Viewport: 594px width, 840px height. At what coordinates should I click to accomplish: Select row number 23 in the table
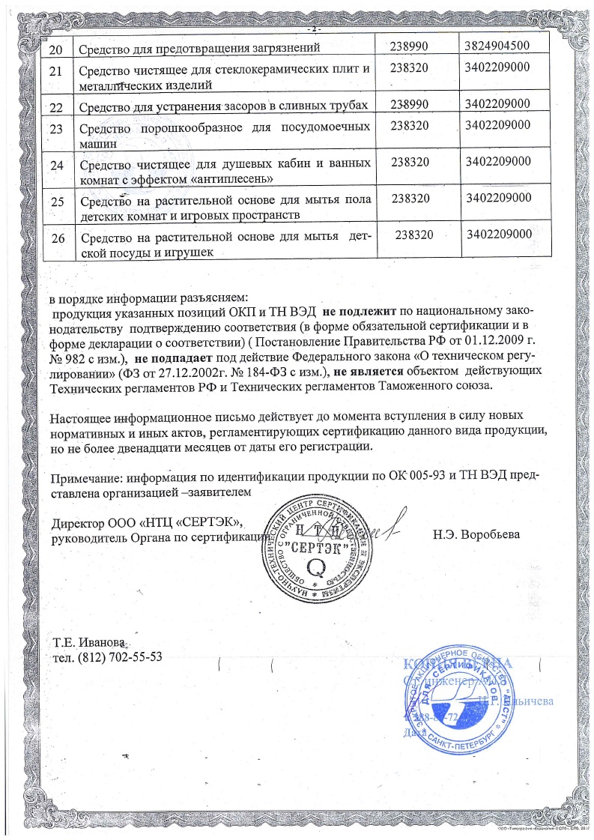click(56, 128)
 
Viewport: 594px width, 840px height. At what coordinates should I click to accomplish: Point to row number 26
click(57, 239)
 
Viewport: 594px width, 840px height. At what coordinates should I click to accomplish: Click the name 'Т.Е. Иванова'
click(88, 643)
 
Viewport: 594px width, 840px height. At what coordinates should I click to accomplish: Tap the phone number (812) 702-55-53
click(107, 658)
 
